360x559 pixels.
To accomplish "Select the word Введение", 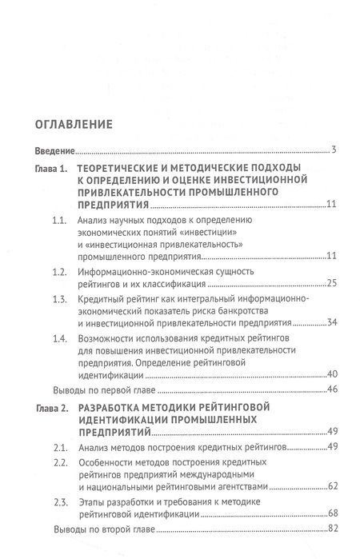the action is point(55,150).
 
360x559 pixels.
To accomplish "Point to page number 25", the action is point(332,285).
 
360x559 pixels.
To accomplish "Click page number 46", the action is point(332,391).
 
